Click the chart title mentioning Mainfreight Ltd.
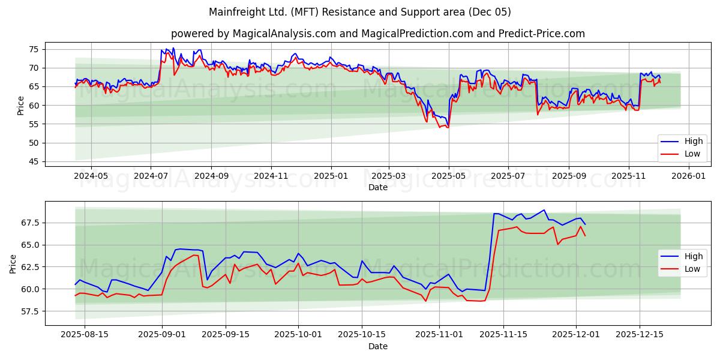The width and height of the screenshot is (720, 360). (360, 12)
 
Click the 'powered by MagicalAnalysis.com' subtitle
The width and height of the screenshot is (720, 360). (378, 34)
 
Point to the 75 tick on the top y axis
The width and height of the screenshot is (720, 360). (34, 49)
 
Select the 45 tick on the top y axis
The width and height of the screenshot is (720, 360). (34, 161)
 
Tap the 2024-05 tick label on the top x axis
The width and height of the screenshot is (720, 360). (91, 176)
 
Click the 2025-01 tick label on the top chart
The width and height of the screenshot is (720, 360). (331, 176)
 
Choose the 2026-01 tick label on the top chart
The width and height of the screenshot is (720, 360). (688, 176)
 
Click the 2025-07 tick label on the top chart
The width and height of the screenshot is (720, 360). (508, 176)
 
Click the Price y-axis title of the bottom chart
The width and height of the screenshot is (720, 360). (13, 263)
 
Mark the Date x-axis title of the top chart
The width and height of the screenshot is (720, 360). (378, 187)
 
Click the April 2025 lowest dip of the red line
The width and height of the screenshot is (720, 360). (440, 127)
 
